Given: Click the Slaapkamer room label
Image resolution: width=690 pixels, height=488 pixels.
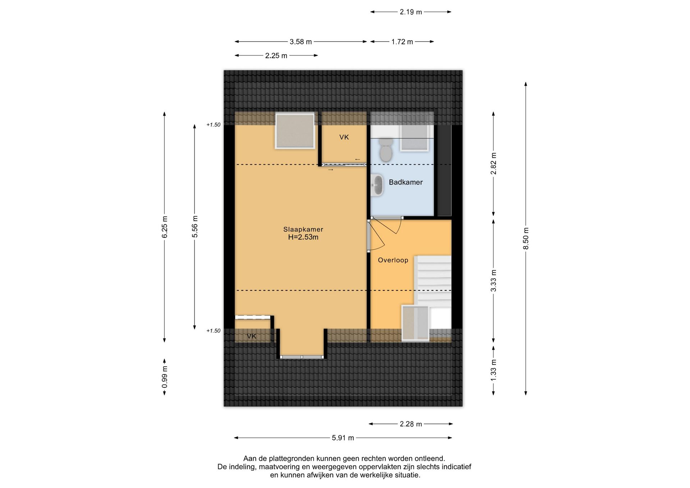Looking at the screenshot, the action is tap(303, 229).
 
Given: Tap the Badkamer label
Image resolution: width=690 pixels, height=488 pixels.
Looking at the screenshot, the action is tap(406, 182).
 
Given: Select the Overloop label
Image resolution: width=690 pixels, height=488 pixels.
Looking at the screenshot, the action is tap(393, 260).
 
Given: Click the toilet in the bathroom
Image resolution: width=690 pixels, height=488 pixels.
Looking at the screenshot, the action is tap(386, 149).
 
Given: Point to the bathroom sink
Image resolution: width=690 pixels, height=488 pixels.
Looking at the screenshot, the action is tap(376, 185).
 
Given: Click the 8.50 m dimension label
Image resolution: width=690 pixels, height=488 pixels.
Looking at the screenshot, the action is tap(526, 238).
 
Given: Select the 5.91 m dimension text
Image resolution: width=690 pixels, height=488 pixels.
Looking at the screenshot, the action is tap(343, 438).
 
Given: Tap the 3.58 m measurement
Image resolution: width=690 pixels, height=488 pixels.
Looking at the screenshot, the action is tap(301, 42).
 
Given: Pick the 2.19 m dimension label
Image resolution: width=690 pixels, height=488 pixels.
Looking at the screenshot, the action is tap(411, 12).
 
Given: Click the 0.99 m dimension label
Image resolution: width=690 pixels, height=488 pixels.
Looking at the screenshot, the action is tap(165, 377).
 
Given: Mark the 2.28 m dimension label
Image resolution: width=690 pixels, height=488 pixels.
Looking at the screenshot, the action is tap(411, 424).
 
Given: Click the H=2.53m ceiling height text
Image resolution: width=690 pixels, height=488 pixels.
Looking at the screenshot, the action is tap(303, 237).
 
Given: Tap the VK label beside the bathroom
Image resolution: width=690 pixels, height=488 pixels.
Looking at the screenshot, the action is tap(344, 137).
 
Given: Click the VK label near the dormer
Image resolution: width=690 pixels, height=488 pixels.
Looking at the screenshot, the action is tap(252, 336).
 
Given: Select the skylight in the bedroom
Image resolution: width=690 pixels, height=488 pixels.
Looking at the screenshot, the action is tap(295, 131).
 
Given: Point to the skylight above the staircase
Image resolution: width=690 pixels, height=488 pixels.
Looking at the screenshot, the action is tap(415, 323).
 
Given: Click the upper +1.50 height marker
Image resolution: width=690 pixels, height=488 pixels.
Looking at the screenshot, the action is tap(213, 125).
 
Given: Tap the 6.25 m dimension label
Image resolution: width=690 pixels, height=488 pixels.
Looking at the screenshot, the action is tap(165, 227).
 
